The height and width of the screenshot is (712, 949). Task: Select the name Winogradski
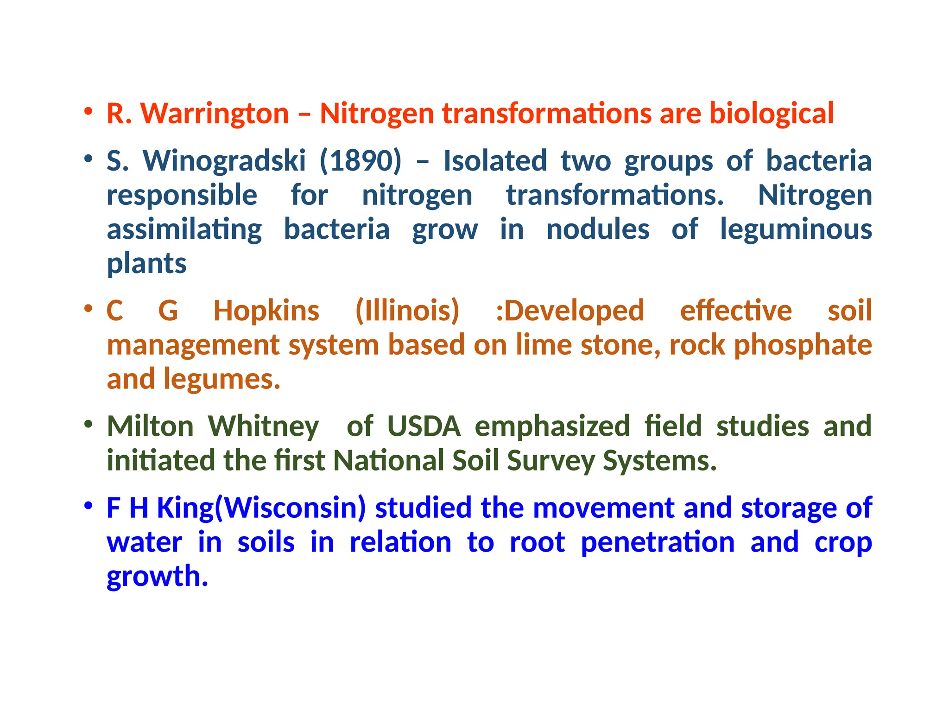point(224,161)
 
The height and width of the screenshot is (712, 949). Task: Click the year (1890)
point(361,161)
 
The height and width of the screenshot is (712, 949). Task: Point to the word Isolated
point(495,161)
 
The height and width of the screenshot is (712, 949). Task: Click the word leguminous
point(796,229)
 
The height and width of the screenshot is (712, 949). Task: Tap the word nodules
point(598,229)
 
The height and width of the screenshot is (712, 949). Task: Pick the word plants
point(146,264)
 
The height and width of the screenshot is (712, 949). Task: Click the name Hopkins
point(266,311)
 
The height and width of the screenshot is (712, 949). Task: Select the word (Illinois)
point(407,311)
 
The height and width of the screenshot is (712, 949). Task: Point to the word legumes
point(222,380)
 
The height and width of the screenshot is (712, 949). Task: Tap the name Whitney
point(263,426)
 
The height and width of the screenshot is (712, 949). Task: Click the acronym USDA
point(424,426)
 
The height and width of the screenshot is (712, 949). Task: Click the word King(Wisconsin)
point(261,508)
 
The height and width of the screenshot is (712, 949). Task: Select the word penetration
point(658,542)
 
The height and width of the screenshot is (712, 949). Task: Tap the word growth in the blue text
point(157,577)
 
